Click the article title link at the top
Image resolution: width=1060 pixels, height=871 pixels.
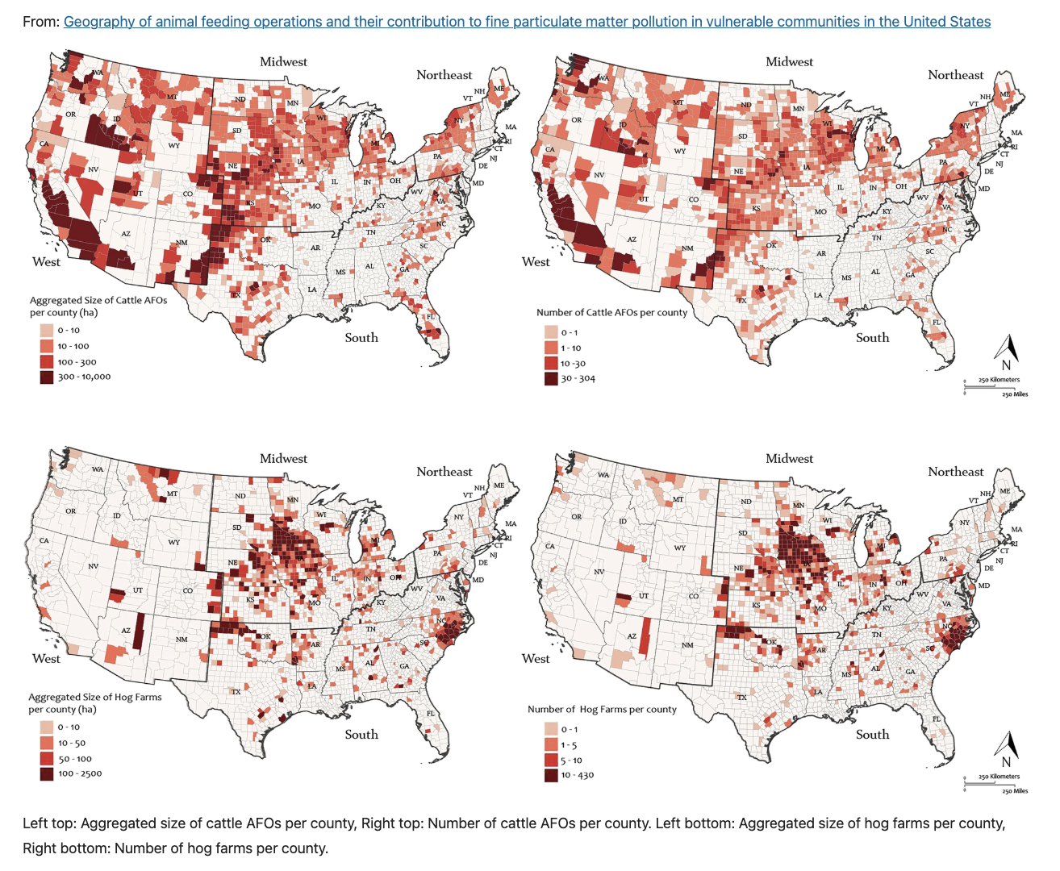click(x=527, y=22)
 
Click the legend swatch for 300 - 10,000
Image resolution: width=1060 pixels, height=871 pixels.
click(x=47, y=377)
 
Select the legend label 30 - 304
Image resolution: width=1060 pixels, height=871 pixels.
click(x=578, y=378)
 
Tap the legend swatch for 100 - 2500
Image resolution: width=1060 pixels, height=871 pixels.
click(x=47, y=773)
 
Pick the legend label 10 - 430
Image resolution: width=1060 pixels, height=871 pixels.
click(x=578, y=775)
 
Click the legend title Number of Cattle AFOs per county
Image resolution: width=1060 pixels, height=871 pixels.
click(x=611, y=312)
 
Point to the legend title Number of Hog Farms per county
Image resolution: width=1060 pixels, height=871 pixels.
click(x=602, y=709)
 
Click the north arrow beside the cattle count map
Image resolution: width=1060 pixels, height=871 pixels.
click(x=1006, y=353)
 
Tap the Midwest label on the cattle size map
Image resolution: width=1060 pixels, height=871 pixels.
click(x=283, y=61)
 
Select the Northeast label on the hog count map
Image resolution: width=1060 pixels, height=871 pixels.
click(x=955, y=472)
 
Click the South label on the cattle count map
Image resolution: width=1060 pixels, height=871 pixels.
click(x=872, y=338)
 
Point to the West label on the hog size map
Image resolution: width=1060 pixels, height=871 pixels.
click(x=46, y=659)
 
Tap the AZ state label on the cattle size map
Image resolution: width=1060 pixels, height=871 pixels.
click(x=126, y=234)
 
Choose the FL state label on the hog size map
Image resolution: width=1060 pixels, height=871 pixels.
click(x=430, y=714)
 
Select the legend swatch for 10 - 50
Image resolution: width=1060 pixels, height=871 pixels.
click(x=47, y=743)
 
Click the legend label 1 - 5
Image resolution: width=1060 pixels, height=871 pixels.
click(x=569, y=745)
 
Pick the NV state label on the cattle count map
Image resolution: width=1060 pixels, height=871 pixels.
click(x=599, y=175)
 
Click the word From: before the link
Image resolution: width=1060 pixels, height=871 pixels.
click(x=41, y=22)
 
